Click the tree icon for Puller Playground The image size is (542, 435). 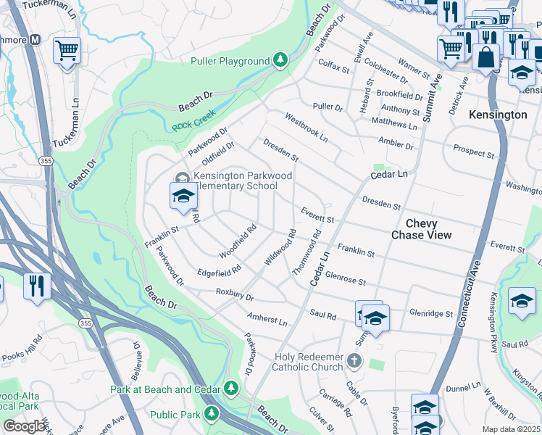tap(280, 59)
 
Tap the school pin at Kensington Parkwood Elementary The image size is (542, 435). tap(184, 196)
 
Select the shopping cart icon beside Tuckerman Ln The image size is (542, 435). tap(67, 51)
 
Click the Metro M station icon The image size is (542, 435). tap(34, 41)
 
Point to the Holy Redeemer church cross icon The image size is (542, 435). tap(354, 360)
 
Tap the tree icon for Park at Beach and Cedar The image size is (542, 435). tap(231, 388)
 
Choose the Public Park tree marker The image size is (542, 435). tap(211, 413)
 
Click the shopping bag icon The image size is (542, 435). tap(486, 57)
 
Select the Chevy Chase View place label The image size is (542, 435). tap(421, 229)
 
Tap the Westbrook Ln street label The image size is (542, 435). tap(306, 127)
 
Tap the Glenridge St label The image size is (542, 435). tap(430, 314)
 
